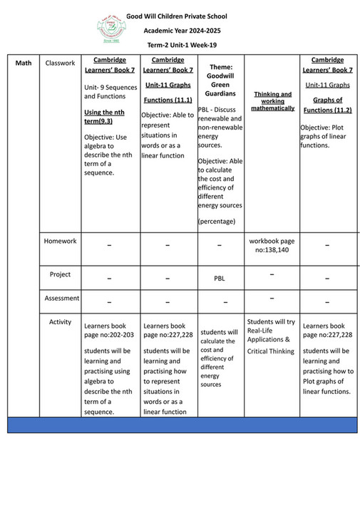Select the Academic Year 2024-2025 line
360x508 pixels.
(182, 31)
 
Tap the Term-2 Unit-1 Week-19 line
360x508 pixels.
(182, 46)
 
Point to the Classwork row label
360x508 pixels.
(60, 63)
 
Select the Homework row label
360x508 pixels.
(60, 241)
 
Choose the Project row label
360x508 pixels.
(60, 274)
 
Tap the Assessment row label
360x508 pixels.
(60, 298)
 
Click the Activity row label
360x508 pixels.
(60, 322)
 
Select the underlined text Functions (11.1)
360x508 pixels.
(168, 100)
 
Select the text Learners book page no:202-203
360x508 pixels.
(108, 330)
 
